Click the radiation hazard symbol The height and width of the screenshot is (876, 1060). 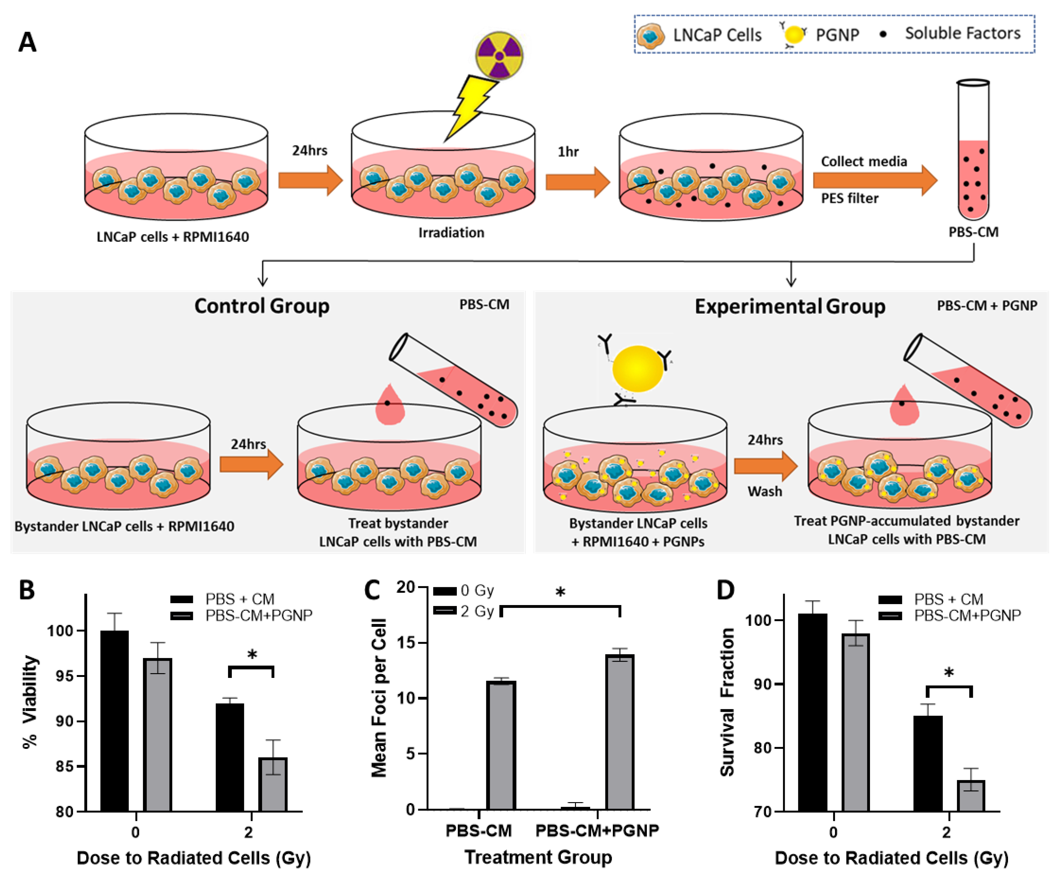(x=499, y=55)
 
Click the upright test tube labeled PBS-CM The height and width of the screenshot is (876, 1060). (x=973, y=151)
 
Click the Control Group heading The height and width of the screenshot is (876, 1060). (x=262, y=306)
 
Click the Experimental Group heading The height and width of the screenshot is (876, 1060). (x=790, y=306)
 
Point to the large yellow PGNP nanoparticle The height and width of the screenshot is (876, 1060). (x=637, y=369)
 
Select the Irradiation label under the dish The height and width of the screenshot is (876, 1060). (x=451, y=233)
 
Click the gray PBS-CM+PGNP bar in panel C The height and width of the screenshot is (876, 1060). (x=619, y=732)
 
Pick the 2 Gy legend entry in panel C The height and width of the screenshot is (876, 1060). (x=464, y=611)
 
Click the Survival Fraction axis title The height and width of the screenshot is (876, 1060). (x=727, y=701)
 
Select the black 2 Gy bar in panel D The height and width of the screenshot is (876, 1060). (x=928, y=763)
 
